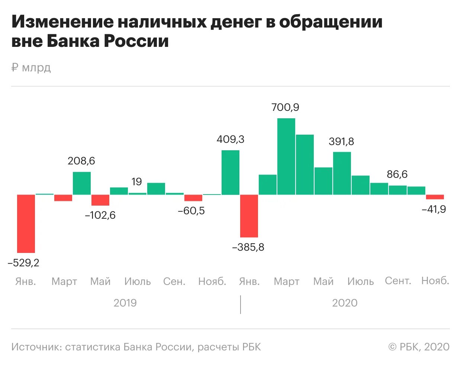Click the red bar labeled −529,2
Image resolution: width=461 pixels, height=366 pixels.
point(26,224)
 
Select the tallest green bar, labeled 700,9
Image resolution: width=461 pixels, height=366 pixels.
point(286,156)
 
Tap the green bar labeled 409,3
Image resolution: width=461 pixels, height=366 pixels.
point(230,172)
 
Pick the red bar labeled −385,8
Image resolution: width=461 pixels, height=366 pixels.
point(249,216)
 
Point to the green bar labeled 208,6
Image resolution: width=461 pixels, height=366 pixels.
point(82,183)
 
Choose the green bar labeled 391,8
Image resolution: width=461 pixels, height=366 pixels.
point(342,173)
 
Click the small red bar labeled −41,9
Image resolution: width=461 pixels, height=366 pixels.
point(435,197)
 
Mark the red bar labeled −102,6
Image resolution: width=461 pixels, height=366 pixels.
point(100,200)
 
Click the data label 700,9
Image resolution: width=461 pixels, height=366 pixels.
point(285,107)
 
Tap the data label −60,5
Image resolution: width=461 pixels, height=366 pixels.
point(191,211)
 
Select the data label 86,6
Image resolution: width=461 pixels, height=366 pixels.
point(397,174)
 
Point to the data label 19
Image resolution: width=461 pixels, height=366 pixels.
point(136,182)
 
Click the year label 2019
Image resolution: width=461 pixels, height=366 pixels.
point(125,303)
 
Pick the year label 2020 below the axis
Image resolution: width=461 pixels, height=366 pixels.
point(345,303)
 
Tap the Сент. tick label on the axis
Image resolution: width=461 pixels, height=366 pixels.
point(398,281)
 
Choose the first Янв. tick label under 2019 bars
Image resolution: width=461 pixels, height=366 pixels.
point(26,282)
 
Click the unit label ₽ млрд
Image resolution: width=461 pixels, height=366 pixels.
point(31,68)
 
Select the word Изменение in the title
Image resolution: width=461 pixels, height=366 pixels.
point(62,22)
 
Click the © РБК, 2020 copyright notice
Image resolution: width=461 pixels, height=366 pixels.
point(419,347)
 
